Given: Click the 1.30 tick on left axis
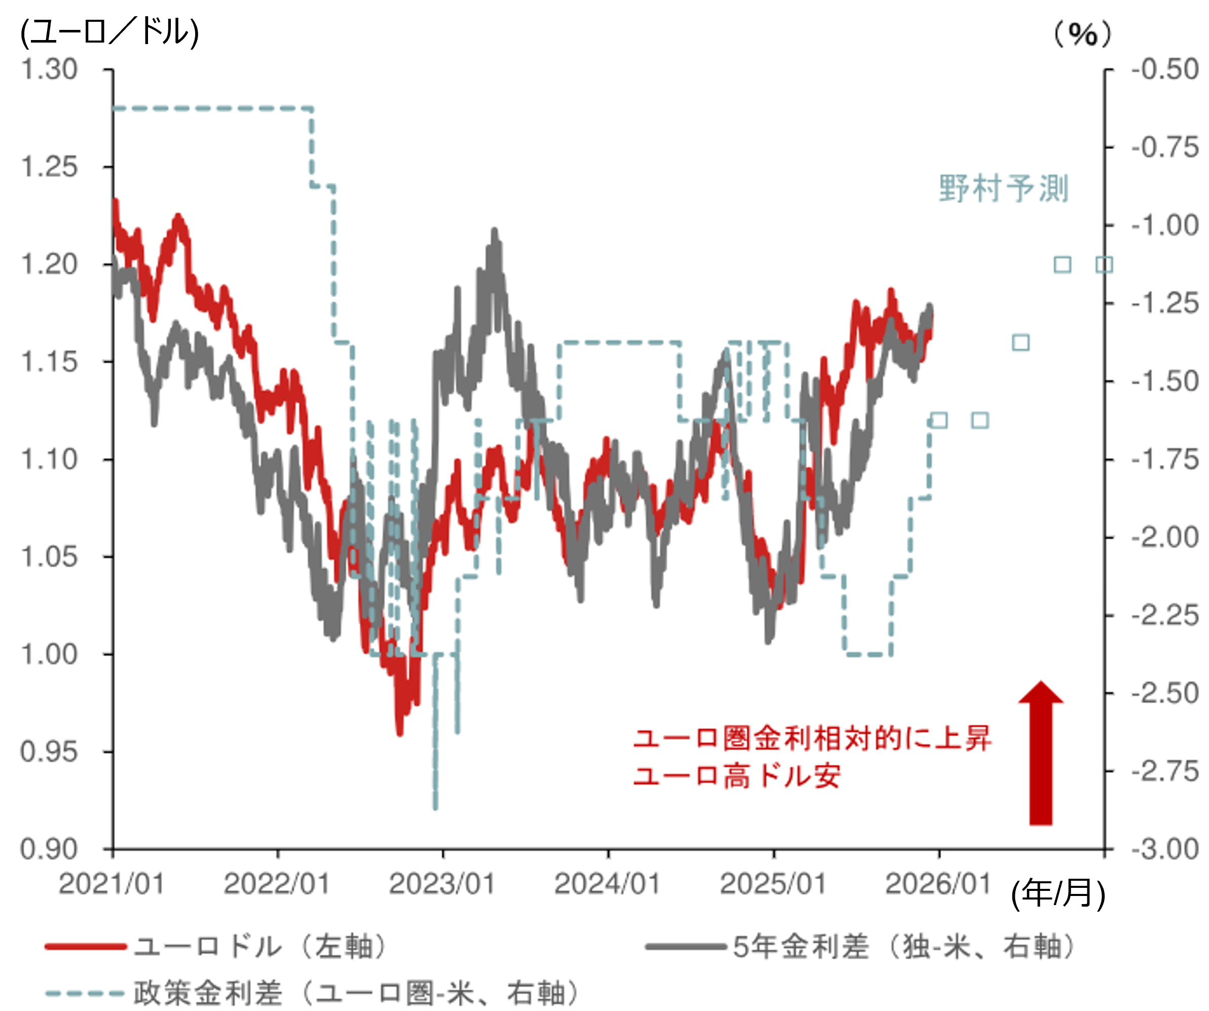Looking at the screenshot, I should (49, 69).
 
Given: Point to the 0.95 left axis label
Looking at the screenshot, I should (49, 752).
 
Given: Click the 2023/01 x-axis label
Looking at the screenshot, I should (442, 883).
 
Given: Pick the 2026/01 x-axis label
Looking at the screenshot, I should (938, 883).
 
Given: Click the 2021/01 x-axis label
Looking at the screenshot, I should (112, 883).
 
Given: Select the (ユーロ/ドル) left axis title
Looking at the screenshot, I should (109, 31).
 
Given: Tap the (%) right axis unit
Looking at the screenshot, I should (1082, 34).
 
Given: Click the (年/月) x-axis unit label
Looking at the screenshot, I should (1058, 893).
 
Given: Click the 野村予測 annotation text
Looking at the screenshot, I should (1004, 188).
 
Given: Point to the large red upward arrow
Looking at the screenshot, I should (1040, 754).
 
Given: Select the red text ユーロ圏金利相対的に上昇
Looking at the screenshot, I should (812, 738).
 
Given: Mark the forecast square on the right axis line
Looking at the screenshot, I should (1104, 265).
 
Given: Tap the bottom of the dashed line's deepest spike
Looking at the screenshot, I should (435, 807).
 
